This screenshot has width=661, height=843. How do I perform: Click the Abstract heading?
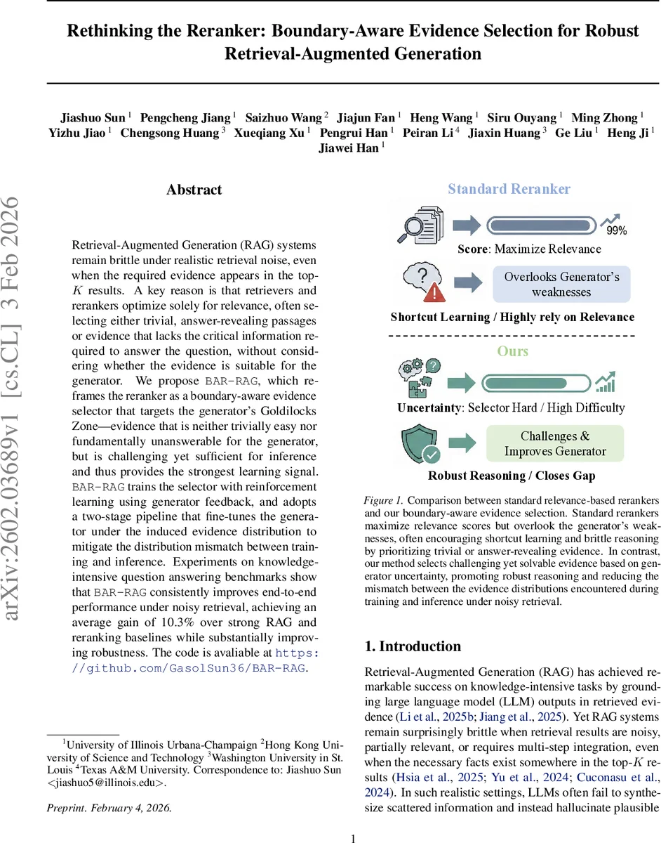[194, 190]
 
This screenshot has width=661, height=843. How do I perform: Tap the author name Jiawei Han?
[347, 148]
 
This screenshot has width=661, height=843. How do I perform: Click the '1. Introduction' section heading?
[413, 646]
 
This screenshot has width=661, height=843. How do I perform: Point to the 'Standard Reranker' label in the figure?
[509, 189]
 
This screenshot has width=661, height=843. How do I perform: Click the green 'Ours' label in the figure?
[512, 351]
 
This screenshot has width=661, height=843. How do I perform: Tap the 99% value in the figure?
[617, 230]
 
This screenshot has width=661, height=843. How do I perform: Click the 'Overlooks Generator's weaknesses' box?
[561, 284]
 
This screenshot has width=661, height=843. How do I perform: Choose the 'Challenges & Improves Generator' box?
[555, 444]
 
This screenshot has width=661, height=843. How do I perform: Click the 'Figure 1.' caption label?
[383, 501]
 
